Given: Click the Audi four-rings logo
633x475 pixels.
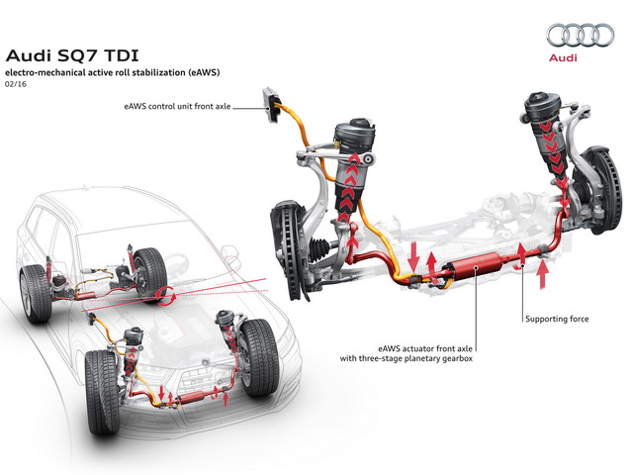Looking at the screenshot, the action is coord(581,36).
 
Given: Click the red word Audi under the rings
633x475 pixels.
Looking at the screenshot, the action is coord(563,57).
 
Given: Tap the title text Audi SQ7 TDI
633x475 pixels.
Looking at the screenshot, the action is coord(72,55).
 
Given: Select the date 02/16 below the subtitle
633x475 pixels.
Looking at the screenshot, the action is coord(16,84).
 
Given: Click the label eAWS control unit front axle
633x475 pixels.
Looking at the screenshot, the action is coord(178,107).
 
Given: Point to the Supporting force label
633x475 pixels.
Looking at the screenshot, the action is coord(557,319).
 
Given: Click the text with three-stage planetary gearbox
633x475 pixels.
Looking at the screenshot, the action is coord(407,358).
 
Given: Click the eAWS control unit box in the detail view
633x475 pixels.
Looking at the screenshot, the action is coord(271,104).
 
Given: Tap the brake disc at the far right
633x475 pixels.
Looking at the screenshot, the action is coord(602,190).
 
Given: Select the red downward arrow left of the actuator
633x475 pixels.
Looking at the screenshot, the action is coord(413,257).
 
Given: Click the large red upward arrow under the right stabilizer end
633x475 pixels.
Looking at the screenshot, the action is coord(543,275).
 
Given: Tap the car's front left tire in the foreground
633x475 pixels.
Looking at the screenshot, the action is coord(102,392).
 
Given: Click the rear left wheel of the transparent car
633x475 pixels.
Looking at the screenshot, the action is coord(36,294).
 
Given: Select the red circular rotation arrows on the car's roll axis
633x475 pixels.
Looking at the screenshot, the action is coord(165,297).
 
